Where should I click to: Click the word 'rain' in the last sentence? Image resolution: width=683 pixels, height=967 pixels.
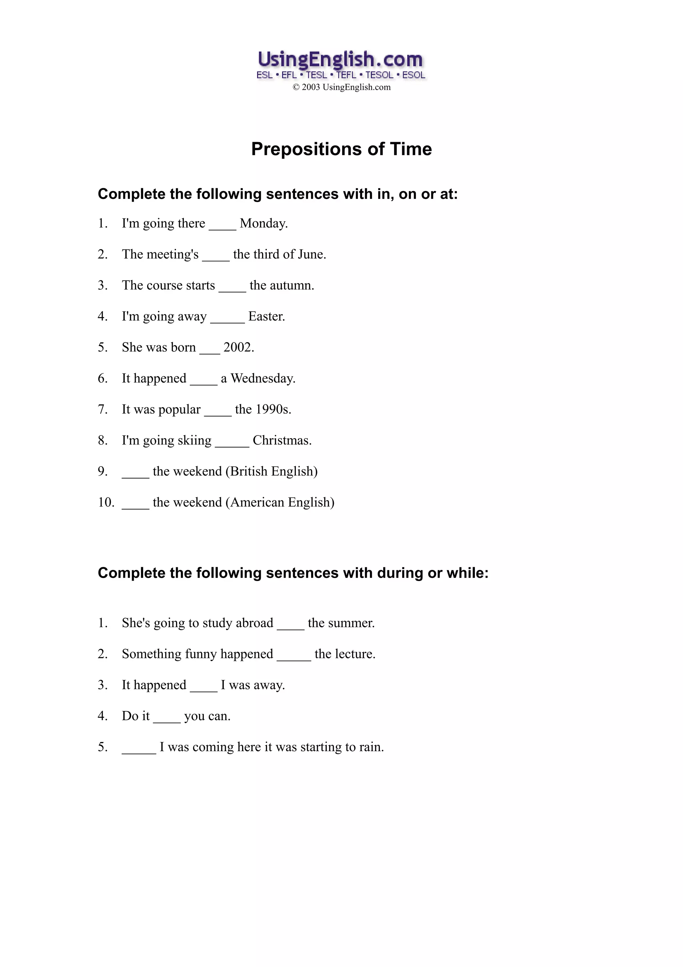pos(370,747)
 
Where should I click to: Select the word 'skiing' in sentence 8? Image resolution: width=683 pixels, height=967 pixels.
pos(194,440)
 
